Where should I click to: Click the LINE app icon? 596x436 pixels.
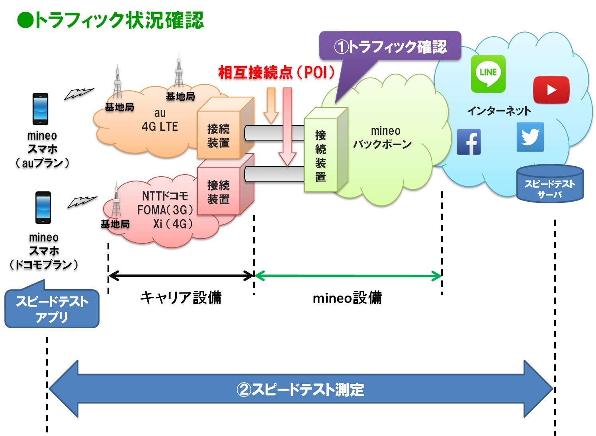tap(488, 74)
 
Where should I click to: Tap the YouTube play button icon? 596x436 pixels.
tap(551, 90)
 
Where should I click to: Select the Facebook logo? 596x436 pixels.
tap(469, 142)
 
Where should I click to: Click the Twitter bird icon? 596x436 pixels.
tap(530, 137)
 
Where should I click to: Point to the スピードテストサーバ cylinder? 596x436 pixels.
tap(550, 185)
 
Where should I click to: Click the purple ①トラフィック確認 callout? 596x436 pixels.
tap(390, 47)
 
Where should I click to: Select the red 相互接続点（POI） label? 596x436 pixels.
tap(276, 73)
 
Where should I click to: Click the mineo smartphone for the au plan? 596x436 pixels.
tap(40, 109)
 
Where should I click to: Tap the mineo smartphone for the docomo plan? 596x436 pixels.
tap(43, 207)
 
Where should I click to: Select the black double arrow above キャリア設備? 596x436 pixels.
tap(181, 275)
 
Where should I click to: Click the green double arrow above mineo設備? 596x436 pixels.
tap(348, 276)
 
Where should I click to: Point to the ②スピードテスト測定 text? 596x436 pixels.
tap(301, 389)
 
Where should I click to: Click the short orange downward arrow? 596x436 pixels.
tap(271, 105)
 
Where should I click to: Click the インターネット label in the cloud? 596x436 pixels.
tap(499, 111)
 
